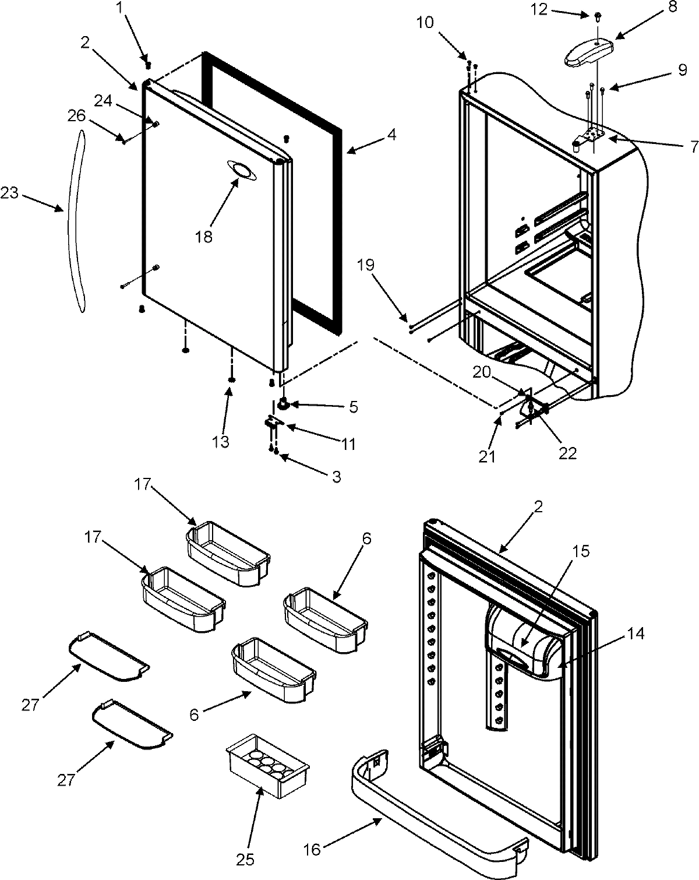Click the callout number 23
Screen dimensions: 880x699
[x=10, y=193]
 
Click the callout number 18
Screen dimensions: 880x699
[x=204, y=237]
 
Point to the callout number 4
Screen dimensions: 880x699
[x=391, y=135]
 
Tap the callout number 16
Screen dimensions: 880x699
[x=312, y=850]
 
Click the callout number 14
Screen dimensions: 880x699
[x=636, y=633]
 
